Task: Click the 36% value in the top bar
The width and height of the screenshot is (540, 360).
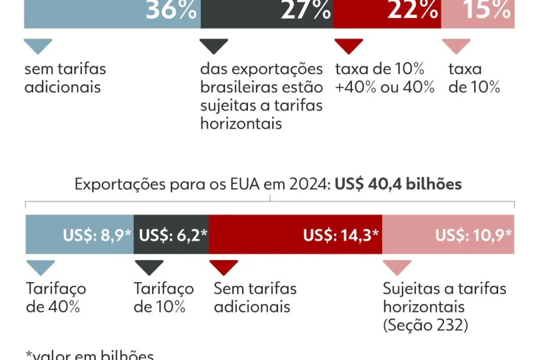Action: pos(171,10)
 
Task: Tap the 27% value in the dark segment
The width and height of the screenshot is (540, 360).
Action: pos(306,10)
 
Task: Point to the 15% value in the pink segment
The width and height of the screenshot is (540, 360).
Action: pos(487,10)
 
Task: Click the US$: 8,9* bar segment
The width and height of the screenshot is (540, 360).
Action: pos(80,235)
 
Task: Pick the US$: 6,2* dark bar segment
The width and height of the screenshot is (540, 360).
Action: pos(171,235)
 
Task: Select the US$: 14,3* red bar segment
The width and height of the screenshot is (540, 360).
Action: pos(295,235)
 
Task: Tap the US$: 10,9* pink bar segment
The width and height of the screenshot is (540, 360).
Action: pos(448,235)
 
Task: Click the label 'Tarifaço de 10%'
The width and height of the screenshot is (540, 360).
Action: pos(164,297)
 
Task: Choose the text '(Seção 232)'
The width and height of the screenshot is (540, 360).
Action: pos(426,325)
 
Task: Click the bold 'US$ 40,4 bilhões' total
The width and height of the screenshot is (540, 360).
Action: pos(398,185)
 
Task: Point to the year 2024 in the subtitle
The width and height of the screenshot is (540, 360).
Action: pos(308,185)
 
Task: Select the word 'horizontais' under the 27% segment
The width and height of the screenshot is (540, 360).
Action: pos(241,123)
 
